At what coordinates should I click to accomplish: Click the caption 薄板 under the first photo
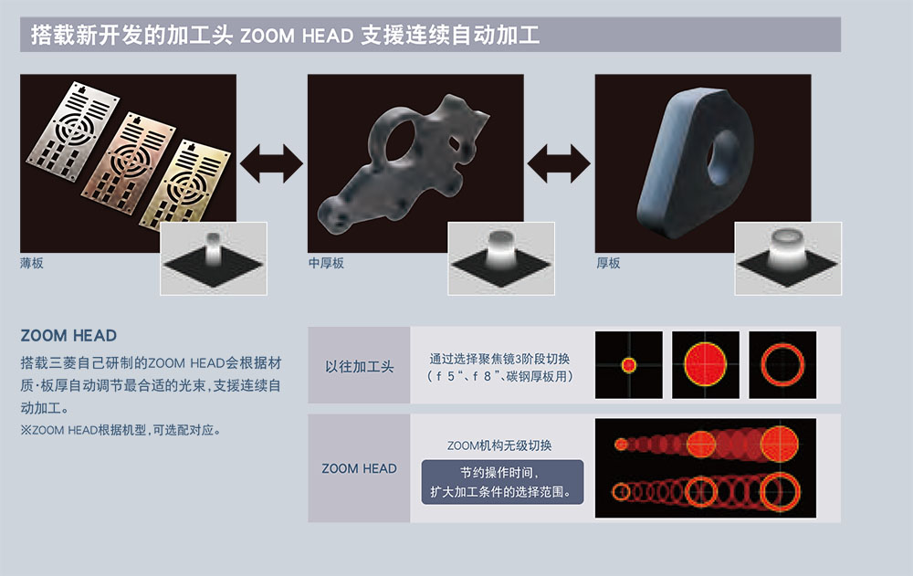click(x=31, y=263)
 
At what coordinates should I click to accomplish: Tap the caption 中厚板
click(x=326, y=263)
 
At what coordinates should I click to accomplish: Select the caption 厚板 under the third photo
click(x=608, y=263)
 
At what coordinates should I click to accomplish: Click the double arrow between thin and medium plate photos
click(x=271, y=163)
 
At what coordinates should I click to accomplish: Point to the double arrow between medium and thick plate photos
click(x=559, y=163)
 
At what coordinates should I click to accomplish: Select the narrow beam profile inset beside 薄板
click(x=214, y=258)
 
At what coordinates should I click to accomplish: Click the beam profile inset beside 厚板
click(x=788, y=258)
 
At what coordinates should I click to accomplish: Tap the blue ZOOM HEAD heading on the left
click(x=68, y=335)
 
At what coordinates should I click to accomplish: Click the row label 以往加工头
click(x=359, y=366)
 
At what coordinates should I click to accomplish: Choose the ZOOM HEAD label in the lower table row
click(x=359, y=468)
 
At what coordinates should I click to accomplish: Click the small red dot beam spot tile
click(x=629, y=365)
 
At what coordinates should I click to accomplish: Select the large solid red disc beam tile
click(x=706, y=365)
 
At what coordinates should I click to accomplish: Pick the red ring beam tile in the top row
click(x=782, y=365)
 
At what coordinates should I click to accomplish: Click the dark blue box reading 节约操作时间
click(x=502, y=482)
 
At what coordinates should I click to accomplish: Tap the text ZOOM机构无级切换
click(x=499, y=445)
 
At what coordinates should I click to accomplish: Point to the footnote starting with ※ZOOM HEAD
click(x=121, y=430)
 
